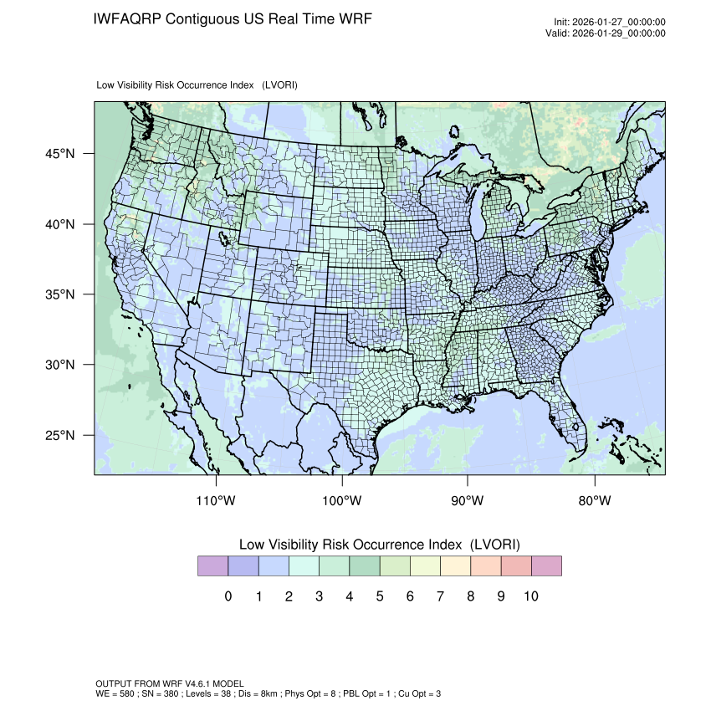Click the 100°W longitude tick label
tap(342, 501)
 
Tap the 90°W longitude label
tap(468, 501)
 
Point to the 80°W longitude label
tap(594, 501)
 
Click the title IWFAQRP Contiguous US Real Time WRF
tap(233, 18)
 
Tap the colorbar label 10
tap(530, 596)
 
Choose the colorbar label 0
tap(228, 596)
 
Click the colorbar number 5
tap(379, 596)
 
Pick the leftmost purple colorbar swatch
tap(212, 566)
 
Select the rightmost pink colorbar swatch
tap(546, 566)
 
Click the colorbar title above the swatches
tap(380, 545)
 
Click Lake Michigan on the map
tap(478, 222)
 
